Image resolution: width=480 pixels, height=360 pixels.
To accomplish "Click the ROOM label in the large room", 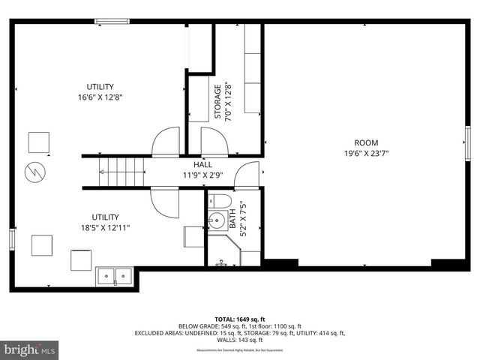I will [x=366, y=142].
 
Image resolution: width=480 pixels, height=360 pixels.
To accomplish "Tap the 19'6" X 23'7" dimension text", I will [x=366, y=153].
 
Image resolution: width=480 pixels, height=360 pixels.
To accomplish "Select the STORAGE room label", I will [x=218, y=101].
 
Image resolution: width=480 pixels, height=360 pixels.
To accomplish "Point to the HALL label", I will [x=202, y=164].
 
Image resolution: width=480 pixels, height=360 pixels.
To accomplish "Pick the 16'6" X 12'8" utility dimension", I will [x=99, y=97].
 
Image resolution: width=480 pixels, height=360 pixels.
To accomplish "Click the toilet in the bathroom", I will [x=217, y=200].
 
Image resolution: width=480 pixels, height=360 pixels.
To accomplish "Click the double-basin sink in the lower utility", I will [x=114, y=276].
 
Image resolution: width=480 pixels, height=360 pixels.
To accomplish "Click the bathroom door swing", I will [x=246, y=176].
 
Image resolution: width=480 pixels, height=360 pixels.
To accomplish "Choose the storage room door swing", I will [x=212, y=141].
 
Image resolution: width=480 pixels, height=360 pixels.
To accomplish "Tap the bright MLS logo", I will [x=30, y=349].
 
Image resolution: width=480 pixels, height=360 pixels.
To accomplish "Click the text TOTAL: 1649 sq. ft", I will [x=239, y=319].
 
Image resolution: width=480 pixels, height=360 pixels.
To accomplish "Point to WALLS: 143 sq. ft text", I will [x=239, y=339].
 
